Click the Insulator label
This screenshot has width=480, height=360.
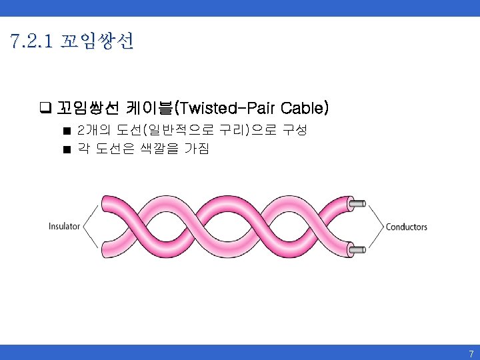pyautogui.click(x=64, y=227)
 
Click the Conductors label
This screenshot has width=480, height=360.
pyautogui.click(x=406, y=227)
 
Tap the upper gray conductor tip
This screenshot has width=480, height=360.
pyautogui.click(x=359, y=203)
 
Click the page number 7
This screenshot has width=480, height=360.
pyautogui.click(x=471, y=353)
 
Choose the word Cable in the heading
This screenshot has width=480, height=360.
pyautogui.click(x=303, y=108)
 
